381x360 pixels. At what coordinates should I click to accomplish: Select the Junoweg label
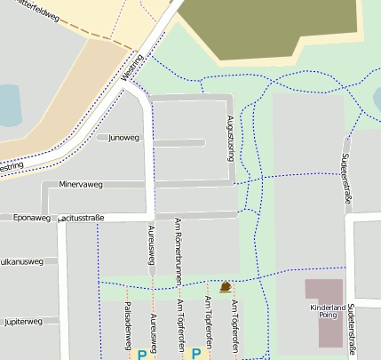point(123,138)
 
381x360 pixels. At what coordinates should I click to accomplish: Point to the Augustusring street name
point(230,138)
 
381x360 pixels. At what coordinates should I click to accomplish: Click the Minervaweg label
point(81,185)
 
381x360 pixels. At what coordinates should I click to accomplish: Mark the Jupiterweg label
point(21,321)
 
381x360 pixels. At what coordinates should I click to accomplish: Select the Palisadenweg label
point(128,325)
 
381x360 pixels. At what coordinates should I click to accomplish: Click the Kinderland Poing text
point(327,311)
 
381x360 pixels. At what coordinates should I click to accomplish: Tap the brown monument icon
point(225,286)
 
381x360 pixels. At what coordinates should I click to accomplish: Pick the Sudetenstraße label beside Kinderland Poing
point(353,329)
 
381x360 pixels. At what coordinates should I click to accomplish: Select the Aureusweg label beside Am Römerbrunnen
point(152,244)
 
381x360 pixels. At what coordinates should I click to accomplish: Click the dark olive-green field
point(266,27)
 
